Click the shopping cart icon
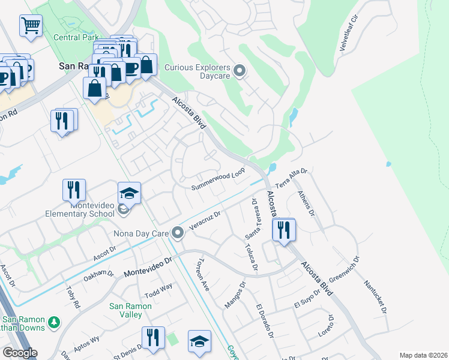(x=30, y=26)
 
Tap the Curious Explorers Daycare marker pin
(x=240, y=72)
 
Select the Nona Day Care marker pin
(x=177, y=232)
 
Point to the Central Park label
(x=76, y=37)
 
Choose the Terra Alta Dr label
(x=291, y=178)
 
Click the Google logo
(x=20, y=353)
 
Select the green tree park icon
(x=54, y=323)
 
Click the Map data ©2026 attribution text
(x=423, y=355)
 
